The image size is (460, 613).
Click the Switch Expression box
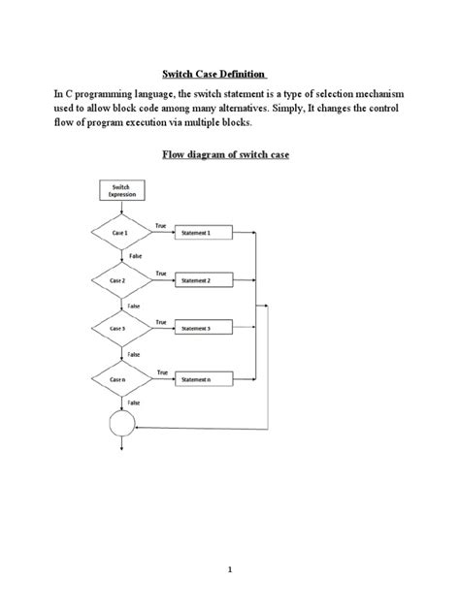click(x=122, y=191)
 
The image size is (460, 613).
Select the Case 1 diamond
click(x=121, y=234)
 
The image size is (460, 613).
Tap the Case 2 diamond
click(x=121, y=281)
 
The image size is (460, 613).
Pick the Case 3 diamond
click(x=121, y=329)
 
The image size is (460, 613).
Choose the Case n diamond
click(x=121, y=378)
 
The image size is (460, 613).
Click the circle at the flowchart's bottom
click(x=122, y=424)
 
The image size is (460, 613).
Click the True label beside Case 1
click(x=161, y=226)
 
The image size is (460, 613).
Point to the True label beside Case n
click(x=161, y=371)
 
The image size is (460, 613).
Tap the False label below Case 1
click(x=134, y=256)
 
